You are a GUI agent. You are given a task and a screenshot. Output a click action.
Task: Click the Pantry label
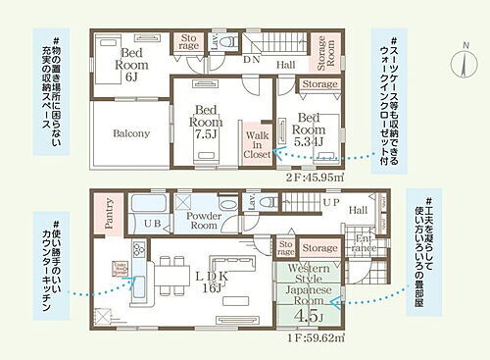[109, 215]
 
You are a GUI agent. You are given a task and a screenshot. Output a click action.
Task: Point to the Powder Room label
[203, 220]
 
